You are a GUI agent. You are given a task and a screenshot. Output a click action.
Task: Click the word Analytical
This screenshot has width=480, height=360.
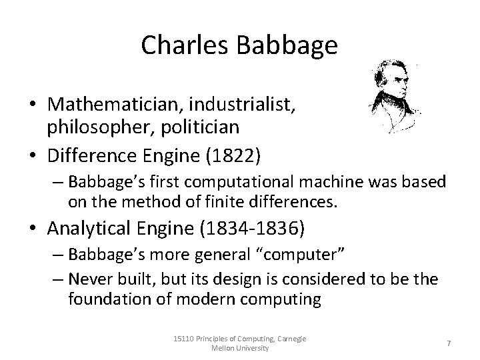tap(91, 229)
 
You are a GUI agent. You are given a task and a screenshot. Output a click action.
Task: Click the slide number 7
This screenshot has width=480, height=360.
tap(448, 342)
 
